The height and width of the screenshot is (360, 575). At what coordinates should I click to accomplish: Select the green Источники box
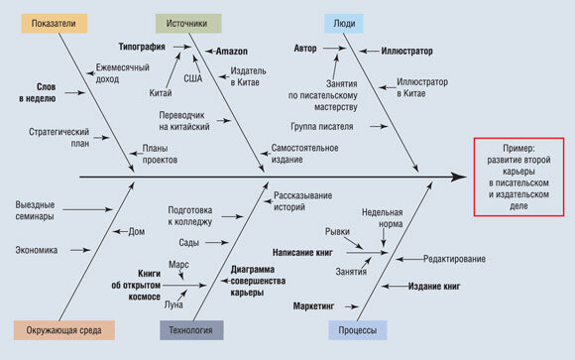pyautogui.click(x=188, y=23)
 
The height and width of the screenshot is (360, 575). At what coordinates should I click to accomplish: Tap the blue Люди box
pyautogui.click(x=343, y=23)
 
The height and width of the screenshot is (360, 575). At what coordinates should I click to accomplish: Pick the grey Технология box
pyautogui.click(x=189, y=330)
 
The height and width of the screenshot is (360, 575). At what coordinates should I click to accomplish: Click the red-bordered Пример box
pyautogui.click(x=518, y=176)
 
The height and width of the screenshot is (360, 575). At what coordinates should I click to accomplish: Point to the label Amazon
pyautogui.click(x=232, y=50)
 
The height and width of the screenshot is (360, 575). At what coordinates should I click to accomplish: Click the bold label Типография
pyautogui.click(x=142, y=46)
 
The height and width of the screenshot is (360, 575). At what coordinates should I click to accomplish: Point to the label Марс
pyautogui.click(x=177, y=265)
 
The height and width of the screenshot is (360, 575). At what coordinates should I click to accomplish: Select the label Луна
pyautogui.click(x=173, y=304)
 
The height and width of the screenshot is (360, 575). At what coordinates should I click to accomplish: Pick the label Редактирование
pyautogui.click(x=454, y=259)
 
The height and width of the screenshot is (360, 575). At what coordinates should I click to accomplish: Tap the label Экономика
pyautogui.click(x=37, y=250)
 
